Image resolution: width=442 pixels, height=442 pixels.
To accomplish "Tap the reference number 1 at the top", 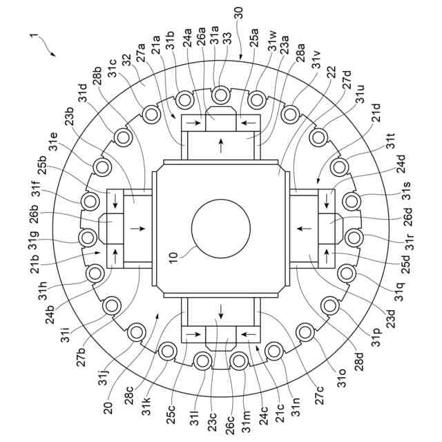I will pos(32,34).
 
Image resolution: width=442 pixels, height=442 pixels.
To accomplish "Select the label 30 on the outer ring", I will pos(238,14).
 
